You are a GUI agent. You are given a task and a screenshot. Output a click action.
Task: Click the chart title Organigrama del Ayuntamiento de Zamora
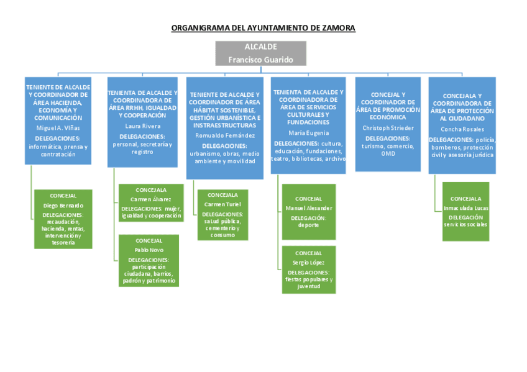pyautogui.click(x=263, y=28)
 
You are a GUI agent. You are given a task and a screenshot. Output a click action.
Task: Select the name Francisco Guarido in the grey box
pyautogui.click(x=260, y=60)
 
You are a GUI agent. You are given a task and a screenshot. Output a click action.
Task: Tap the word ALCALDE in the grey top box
pyautogui.click(x=260, y=47)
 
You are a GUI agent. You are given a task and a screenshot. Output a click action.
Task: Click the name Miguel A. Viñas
pyautogui.click(x=58, y=127)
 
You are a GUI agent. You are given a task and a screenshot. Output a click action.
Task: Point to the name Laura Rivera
pyautogui.click(x=142, y=125)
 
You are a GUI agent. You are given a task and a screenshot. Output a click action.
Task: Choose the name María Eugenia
pyautogui.click(x=308, y=133)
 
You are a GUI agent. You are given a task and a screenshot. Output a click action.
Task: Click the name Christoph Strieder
pyautogui.click(x=387, y=128)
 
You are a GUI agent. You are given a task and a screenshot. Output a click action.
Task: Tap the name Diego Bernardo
pyautogui.click(x=63, y=205)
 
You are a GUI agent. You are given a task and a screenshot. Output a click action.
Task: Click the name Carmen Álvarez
pyautogui.click(x=150, y=199)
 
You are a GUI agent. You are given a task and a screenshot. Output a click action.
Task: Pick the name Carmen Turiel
pyautogui.click(x=222, y=204)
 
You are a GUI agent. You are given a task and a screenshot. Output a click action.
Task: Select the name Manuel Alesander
pyautogui.click(x=308, y=208)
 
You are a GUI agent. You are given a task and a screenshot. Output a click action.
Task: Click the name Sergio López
pyautogui.click(x=308, y=263)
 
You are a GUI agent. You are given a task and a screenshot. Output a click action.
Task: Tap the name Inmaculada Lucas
pyautogui.click(x=465, y=207)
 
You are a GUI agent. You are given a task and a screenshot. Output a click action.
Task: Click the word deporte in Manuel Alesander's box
pyautogui.click(x=308, y=225)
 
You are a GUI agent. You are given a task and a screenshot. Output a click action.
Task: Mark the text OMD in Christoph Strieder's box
pyautogui.click(x=388, y=153)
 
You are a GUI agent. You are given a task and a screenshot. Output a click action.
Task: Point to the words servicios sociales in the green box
pyautogui.click(x=465, y=224)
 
